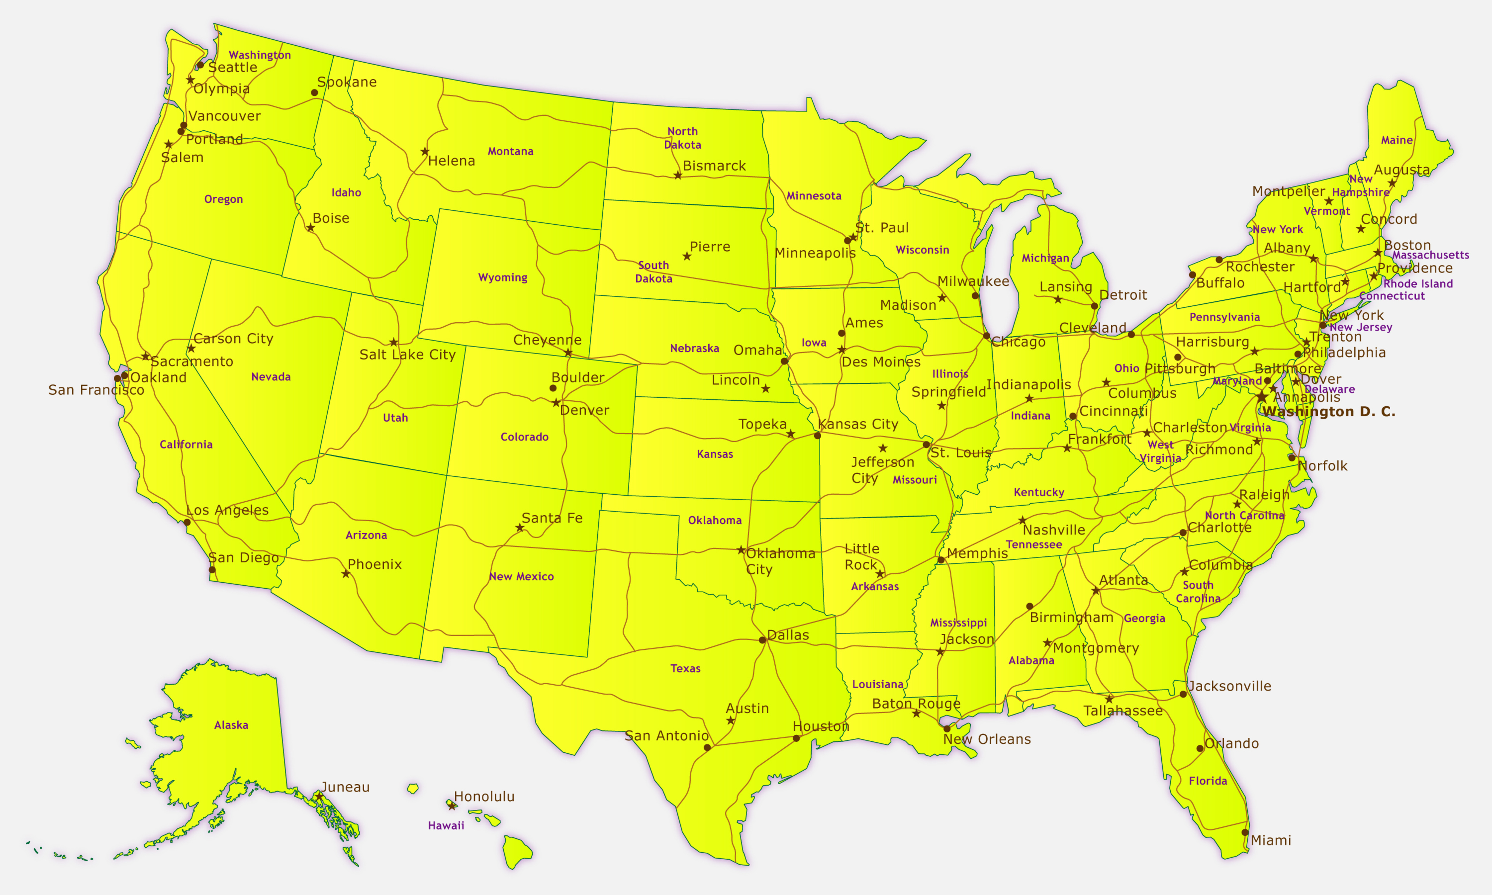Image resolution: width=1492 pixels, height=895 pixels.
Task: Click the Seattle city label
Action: [233, 67]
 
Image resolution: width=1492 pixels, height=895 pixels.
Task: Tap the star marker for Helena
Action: [425, 151]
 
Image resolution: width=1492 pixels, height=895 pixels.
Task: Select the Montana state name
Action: [510, 151]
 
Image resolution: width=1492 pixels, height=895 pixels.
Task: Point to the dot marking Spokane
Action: [314, 92]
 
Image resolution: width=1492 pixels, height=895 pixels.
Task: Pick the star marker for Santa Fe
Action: [519, 528]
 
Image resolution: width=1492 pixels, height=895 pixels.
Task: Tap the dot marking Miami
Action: [1245, 832]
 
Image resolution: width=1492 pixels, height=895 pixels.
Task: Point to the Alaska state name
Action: [231, 725]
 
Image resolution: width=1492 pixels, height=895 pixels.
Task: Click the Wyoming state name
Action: [503, 277]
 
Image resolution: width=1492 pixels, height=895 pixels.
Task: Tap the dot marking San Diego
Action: [212, 569]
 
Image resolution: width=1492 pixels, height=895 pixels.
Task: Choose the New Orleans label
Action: [987, 739]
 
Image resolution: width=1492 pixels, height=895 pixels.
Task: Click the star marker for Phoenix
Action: [346, 574]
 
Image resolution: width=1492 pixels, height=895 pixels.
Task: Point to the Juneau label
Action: [345, 787]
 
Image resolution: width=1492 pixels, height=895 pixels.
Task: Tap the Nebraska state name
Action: [694, 348]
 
